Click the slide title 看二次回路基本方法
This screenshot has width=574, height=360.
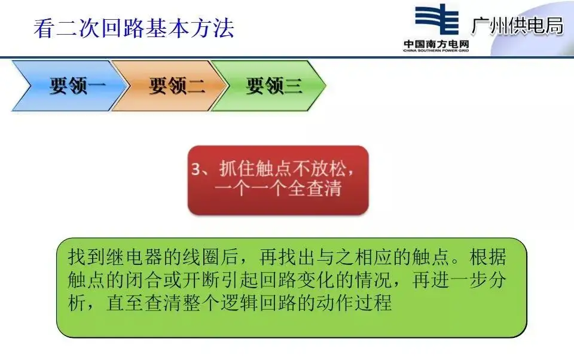point(134,28)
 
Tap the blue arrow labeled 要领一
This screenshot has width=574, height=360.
point(69,86)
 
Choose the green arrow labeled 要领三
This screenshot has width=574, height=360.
point(268,86)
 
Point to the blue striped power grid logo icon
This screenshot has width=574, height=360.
point(436,19)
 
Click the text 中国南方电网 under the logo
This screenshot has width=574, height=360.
point(436,44)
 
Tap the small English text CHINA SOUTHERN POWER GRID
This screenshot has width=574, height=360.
point(436,51)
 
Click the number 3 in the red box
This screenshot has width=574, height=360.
point(196,169)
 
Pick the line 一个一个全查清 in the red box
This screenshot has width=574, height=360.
point(278,188)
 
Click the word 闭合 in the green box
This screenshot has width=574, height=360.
point(144,280)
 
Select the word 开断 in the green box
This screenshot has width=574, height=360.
point(201,280)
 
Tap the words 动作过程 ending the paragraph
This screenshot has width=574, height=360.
point(354,303)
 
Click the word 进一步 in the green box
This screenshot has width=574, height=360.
point(450,280)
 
